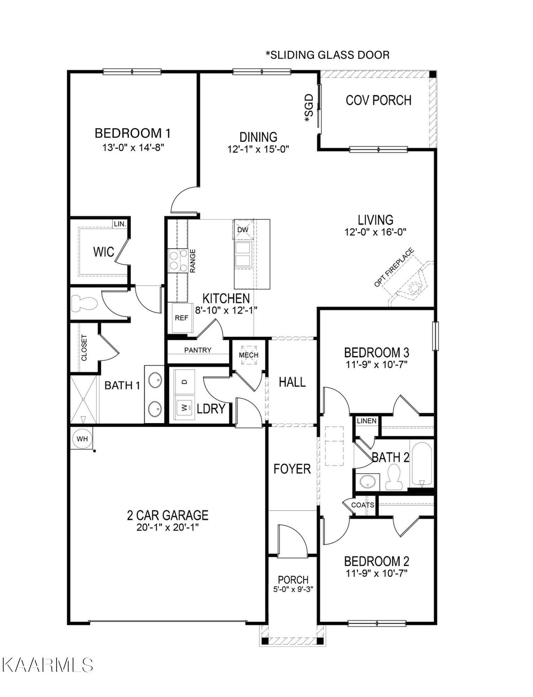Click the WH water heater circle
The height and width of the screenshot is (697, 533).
tap(82, 439)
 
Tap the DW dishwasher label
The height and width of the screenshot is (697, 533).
tap(243, 230)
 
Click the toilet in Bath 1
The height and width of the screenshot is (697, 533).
tap(83, 303)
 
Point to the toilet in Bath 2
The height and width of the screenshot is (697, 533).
tap(393, 477)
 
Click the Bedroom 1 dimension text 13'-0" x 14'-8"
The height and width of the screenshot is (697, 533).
tap(134, 148)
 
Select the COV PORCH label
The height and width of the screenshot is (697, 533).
tap(379, 100)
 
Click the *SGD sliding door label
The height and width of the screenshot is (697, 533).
tap(309, 107)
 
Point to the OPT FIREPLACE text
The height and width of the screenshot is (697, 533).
tap(394, 267)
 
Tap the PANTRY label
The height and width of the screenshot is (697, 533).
tap(198, 350)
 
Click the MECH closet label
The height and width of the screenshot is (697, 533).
tap(248, 355)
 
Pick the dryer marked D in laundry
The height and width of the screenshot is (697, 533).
tap(185, 382)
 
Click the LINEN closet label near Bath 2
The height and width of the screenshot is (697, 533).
tap(366, 421)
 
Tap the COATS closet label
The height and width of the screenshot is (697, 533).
tap(363, 504)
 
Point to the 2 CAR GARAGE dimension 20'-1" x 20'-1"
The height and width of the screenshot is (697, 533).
tap(168, 528)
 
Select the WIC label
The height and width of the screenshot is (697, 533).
tap(104, 252)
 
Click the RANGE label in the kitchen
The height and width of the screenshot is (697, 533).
tap(193, 261)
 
